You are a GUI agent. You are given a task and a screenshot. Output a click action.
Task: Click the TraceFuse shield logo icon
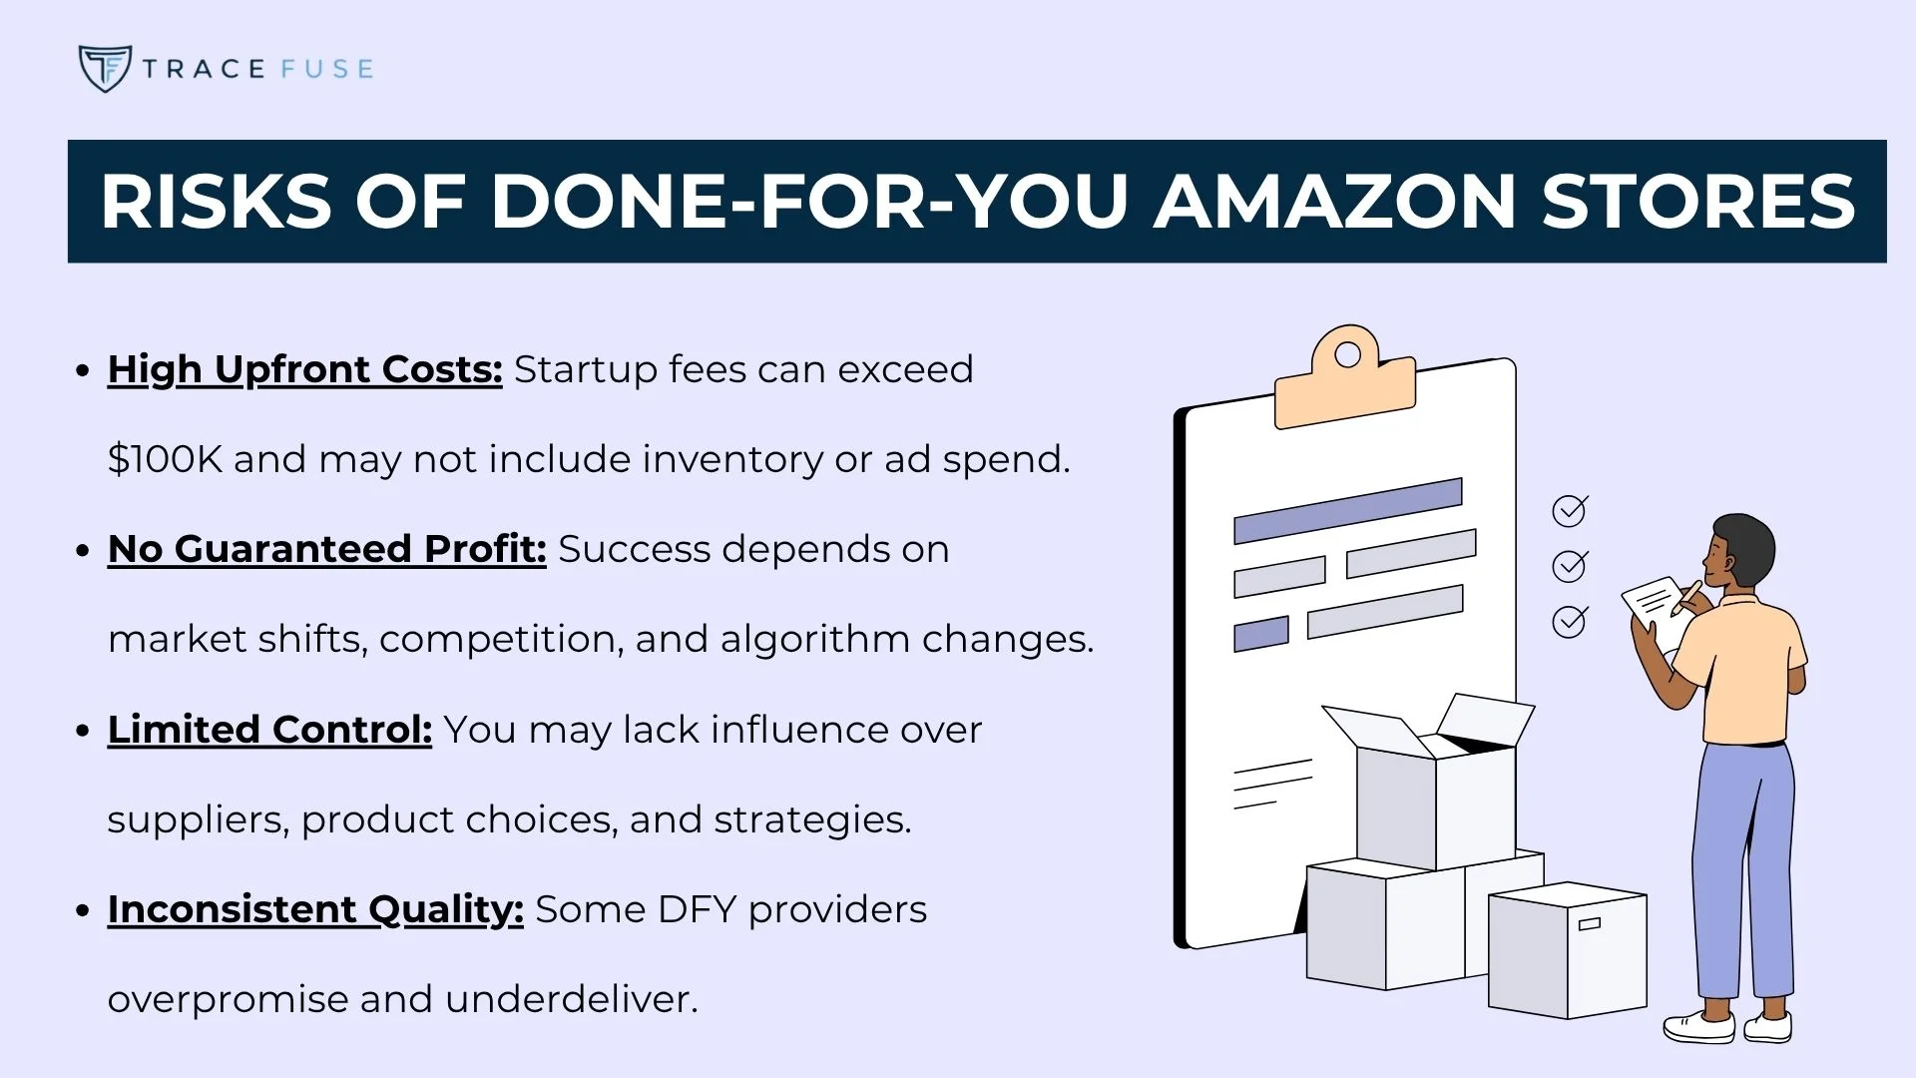click(104, 68)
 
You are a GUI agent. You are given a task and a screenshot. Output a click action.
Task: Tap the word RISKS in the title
click(215, 203)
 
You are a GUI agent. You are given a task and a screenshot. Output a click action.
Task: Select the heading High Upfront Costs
click(304, 369)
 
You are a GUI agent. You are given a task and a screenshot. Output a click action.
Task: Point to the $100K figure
click(164, 459)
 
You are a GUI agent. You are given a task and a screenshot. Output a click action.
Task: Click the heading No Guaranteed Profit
click(326, 549)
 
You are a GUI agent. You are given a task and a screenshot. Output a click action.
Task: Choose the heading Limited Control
click(269, 730)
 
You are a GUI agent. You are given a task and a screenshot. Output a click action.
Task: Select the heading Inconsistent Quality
click(314, 909)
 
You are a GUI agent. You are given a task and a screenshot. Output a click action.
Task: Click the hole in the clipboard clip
click(1347, 355)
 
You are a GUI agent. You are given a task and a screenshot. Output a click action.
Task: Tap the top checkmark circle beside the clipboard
click(1570, 511)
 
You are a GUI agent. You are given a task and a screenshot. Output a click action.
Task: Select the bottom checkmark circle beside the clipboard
click(1570, 622)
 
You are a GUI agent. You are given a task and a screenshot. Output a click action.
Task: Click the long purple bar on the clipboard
click(1347, 511)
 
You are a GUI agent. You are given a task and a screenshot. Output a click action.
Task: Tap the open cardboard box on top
click(1435, 789)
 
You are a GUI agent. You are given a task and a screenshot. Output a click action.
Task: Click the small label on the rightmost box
click(1590, 923)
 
